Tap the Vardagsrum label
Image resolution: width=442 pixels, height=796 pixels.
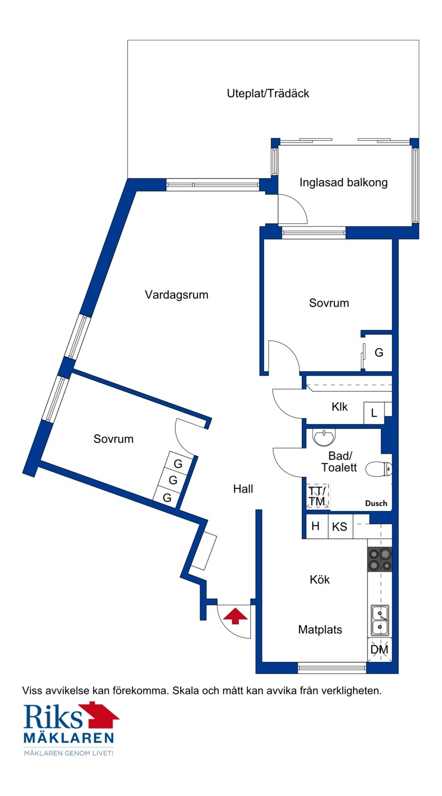tap(177, 295)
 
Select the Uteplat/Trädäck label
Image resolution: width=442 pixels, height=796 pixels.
tap(268, 93)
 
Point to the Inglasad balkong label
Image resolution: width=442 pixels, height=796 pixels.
tap(343, 183)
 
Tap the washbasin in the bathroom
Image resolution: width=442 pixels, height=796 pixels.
tap(324, 437)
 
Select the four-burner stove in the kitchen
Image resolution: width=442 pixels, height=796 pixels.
tap(380, 560)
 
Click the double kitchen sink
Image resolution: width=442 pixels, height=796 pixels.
tap(380, 620)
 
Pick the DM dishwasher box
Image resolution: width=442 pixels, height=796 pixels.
tap(380, 650)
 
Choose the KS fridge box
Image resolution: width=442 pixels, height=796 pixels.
tap(340, 526)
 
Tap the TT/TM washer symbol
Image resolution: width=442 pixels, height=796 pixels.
tap(317, 496)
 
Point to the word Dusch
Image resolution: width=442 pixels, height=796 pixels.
tap(376, 503)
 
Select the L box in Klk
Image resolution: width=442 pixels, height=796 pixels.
tap(374, 413)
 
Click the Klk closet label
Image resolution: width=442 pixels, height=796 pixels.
tap(340, 407)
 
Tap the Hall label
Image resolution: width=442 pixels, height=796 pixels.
tap(243, 489)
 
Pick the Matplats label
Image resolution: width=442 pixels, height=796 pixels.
tap(320, 630)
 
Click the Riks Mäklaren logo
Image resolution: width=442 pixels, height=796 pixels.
tap(71, 729)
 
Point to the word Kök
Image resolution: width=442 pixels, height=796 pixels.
tap(320, 579)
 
